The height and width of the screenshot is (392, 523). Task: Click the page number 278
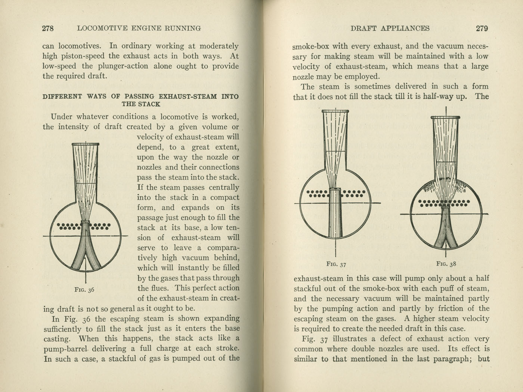click(x=48, y=28)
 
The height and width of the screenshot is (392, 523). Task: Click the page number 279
click(x=482, y=28)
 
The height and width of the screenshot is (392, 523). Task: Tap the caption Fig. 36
click(x=84, y=289)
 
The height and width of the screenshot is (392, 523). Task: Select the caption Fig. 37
click(x=336, y=264)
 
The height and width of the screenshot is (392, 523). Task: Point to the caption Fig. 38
click(x=446, y=264)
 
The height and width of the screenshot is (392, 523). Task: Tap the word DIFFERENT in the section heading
click(x=62, y=96)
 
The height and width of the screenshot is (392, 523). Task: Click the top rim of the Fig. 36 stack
click(x=86, y=144)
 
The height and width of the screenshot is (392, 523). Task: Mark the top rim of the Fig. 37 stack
click(x=335, y=111)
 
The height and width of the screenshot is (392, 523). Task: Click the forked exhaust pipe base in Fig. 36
click(x=86, y=254)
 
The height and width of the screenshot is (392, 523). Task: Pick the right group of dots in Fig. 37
click(x=353, y=193)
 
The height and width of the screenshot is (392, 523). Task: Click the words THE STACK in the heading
click(x=140, y=104)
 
